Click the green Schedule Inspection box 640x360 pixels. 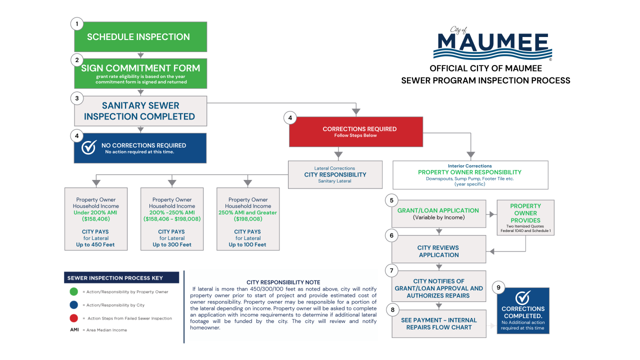tap(140, 37)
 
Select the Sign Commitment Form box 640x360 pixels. tap(140, 73)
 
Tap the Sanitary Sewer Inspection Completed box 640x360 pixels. tap(140, 111)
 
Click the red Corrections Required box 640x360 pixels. tap(355, 131)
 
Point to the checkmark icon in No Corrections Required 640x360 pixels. tap(89, 147)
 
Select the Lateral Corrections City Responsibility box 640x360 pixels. tap(335, 174)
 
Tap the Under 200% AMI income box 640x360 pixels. tap(96, 218)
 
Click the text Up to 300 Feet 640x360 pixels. tap(172, 244)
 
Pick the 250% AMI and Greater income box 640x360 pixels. tap(248, 218)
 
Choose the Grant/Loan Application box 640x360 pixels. tap(438, 214)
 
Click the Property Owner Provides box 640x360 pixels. tap(525, 217)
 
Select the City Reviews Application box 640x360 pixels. tap(438, 251)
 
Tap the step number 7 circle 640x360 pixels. tap(391, 271)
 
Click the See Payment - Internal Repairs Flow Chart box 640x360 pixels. tap(438, 323)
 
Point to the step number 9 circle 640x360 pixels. tap(498, 287)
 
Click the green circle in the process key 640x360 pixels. tap(73, 291)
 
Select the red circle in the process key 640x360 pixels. tap(73, 318)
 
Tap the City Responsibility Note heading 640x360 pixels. tap(283, 282)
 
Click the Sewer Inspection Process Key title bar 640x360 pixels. tap(122, 277)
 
